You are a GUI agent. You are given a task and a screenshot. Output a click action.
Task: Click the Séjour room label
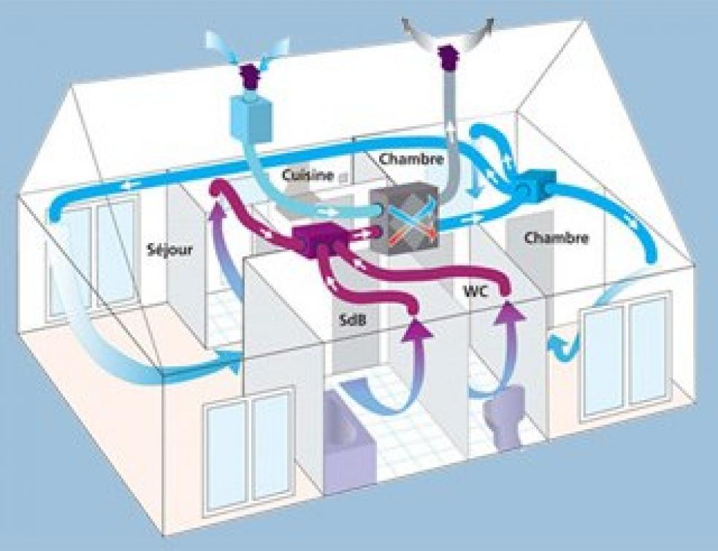[x=170, y=250]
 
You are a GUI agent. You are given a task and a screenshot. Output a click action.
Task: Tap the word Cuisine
[x=308, y=175]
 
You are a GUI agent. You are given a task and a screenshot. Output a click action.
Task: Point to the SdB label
[x=353, y=320]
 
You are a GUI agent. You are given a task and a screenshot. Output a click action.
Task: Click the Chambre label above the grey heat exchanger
[x=412, y=159]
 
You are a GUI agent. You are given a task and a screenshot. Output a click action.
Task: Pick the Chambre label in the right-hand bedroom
[x=556, y=238]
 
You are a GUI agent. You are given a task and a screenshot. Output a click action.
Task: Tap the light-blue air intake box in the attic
[x=250, y=117]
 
